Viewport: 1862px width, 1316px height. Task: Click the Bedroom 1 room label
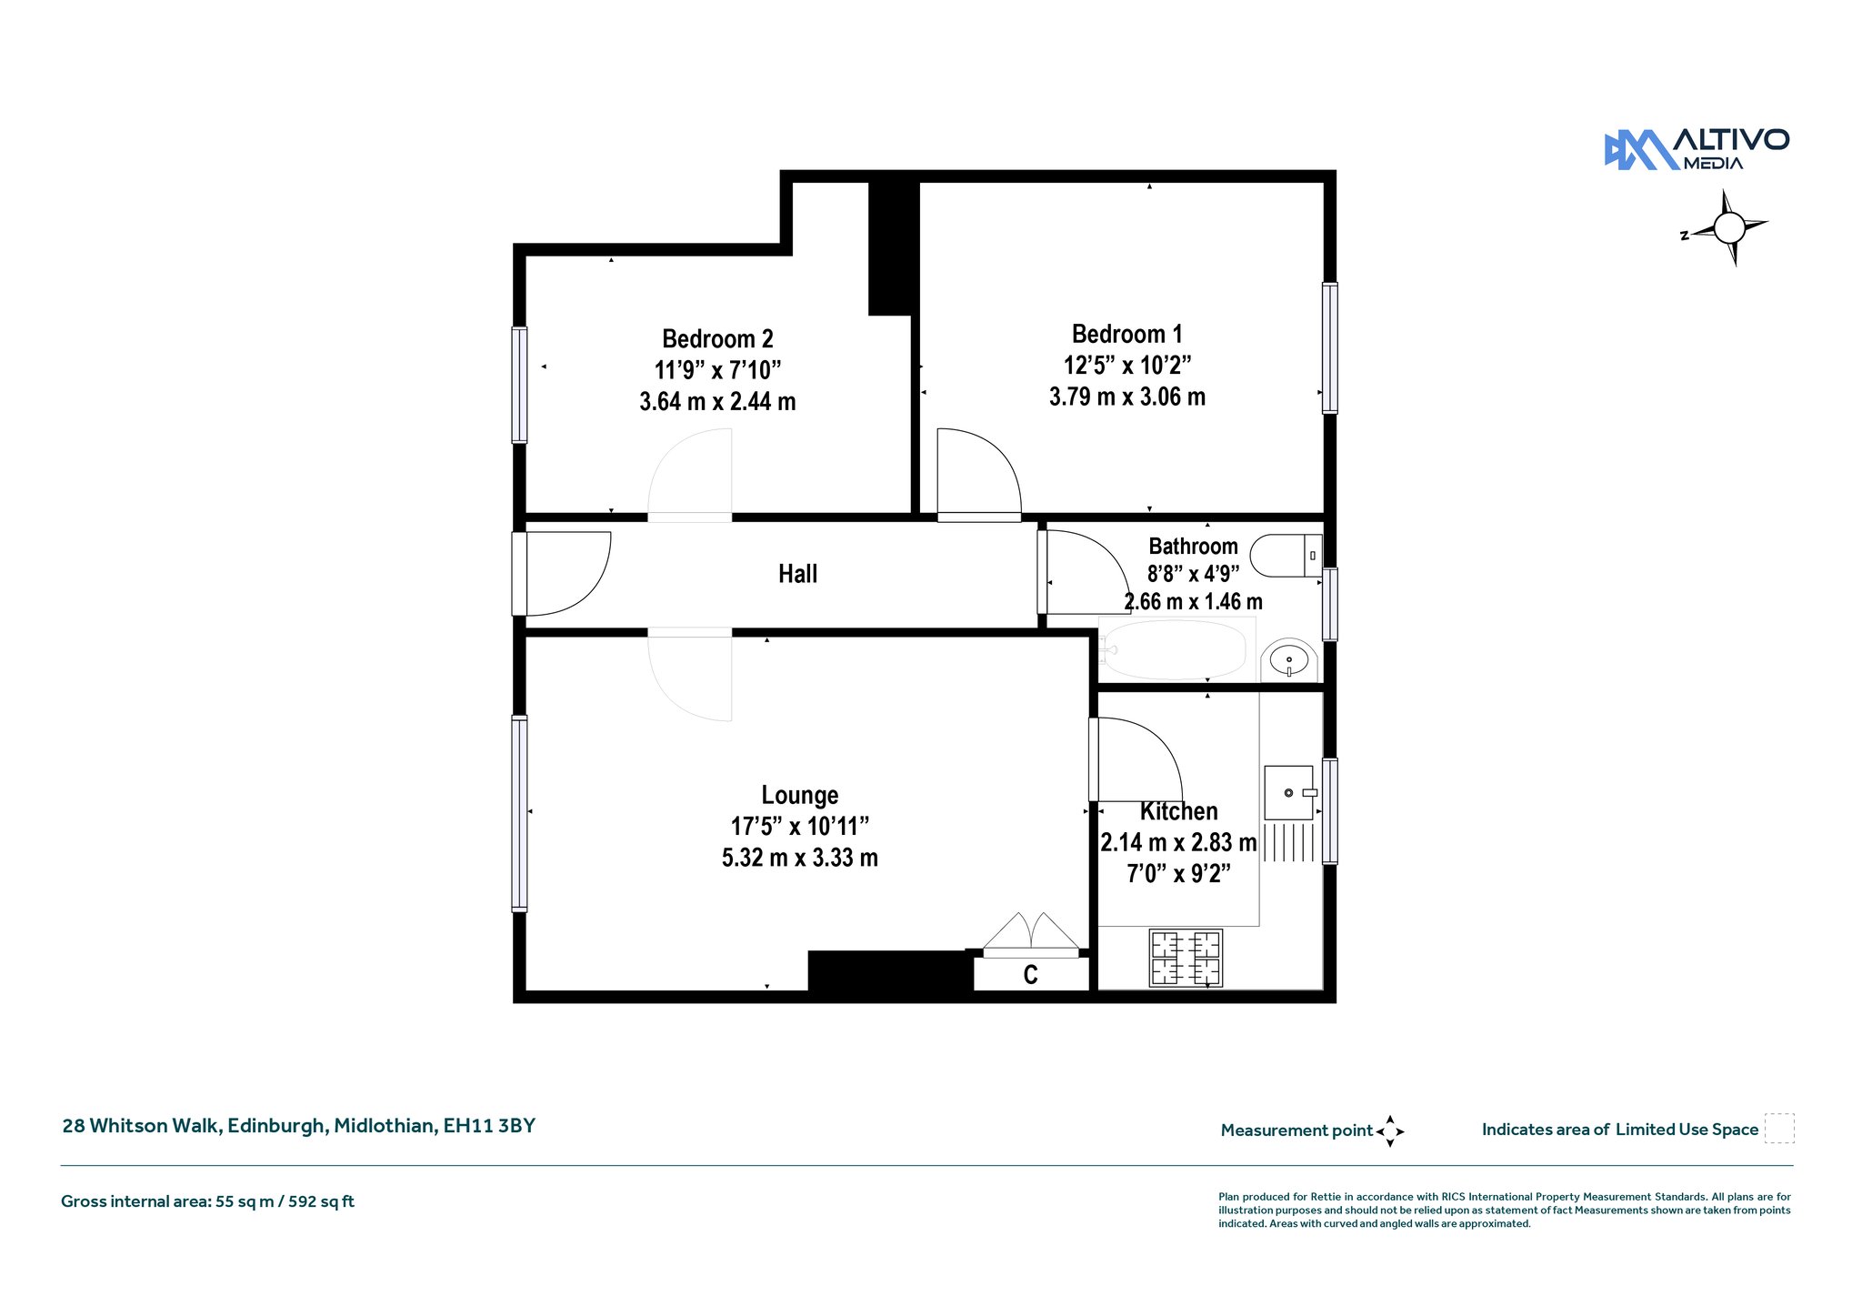(x=1126, y=335)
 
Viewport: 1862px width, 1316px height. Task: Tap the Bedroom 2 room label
(x=717, y=339)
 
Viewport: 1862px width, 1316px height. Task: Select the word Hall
(x=797, y=574)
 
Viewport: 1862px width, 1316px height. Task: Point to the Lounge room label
(x=800, y=796)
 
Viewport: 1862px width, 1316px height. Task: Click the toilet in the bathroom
(x=1286, y=555)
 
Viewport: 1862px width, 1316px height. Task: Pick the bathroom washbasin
(x=1288, y=659)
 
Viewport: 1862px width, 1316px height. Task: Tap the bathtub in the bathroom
(x=1176, y=649)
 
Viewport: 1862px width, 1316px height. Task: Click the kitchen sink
(x=1289, y=793)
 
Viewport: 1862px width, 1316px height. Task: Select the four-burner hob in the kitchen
(x=1186, y=959)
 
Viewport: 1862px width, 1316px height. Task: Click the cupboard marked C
(x=1031, y=974)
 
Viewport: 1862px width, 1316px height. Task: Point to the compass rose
(x=1728, y=227)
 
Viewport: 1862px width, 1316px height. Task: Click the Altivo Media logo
(x=1697, y=150)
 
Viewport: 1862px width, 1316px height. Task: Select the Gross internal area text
(x=207, y=1201)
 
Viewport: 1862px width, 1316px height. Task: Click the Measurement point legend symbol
(x=1390, y=1131)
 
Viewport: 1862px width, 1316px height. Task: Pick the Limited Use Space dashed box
(x=1779, y=1129)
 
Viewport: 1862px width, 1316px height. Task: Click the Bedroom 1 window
(x=1329, y=348)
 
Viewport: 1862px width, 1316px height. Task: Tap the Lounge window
(x=519, y=813)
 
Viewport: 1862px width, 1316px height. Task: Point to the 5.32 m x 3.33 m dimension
(x=800, y=858)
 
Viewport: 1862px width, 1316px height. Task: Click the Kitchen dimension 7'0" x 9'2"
(x=1178, y=874)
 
